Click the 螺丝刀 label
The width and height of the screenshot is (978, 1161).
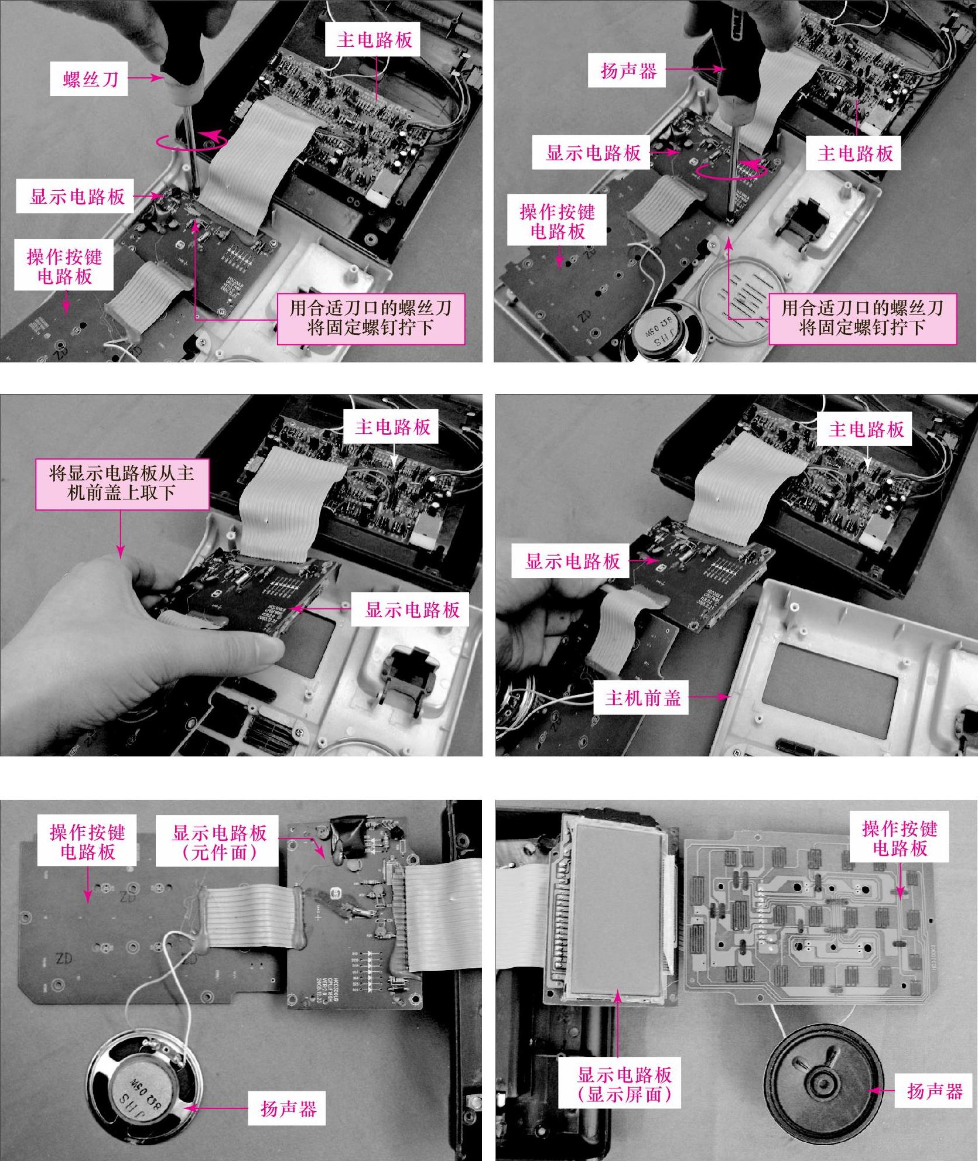(91, 78)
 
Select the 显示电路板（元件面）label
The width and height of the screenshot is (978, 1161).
(219, 842)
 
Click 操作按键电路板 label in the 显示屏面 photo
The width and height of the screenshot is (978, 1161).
(900, 838)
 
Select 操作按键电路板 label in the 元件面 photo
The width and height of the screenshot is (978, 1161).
(87, 842)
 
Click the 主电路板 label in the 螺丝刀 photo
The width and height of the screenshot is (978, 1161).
(374, 40)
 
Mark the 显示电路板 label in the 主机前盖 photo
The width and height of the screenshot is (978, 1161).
(573, 561)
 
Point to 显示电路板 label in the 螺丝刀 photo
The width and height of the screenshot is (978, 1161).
(77, 196)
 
